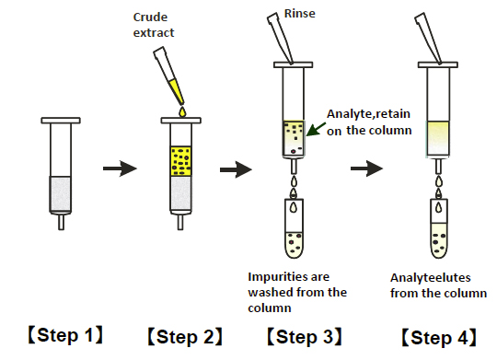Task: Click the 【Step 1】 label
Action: pos(65,335)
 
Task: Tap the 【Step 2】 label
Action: pos(185,337)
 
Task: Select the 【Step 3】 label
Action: pos(305,337)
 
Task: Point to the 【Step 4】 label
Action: pos(439,337)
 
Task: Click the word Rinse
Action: pos(299,14)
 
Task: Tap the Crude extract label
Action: pos(154,25)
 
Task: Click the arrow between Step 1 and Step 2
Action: pos(120,168)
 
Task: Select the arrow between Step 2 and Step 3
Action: pos(237,169)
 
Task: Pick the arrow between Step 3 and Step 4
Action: pos(366,168)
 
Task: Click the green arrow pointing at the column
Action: pos(316,130)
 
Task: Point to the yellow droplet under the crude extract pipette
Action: pos(182,112)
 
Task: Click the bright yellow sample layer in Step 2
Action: pos(181,161)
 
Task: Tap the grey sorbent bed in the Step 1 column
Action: pos(60,193)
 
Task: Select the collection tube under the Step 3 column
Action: pos(295,228)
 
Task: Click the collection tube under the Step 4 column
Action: pos(439,228)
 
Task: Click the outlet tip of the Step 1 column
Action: pos(61,222)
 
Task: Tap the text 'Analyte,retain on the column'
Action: pos(369,122)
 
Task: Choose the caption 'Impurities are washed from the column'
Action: pos(297,293)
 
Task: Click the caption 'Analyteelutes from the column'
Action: pos(438,285)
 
